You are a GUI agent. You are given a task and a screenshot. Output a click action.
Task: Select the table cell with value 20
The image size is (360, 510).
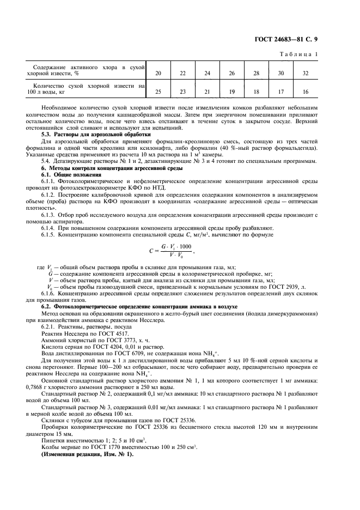pos(158,72)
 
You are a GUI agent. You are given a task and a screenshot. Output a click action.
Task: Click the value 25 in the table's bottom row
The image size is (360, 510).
pos(158,92)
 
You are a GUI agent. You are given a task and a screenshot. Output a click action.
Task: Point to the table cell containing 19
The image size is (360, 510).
pos(231,92)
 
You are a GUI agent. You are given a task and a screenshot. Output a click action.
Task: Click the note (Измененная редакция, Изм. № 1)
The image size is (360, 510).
pos(87,454)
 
